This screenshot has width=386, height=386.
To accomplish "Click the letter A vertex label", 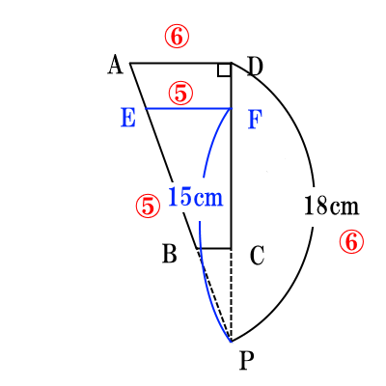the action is (x=115, y=65).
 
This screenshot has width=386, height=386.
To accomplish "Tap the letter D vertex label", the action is (x=256, y=67).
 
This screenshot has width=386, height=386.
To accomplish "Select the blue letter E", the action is (x=128, y=118).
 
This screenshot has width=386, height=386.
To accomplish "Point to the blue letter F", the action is (x=256, y=120).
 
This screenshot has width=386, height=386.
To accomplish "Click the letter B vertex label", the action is (x=170, y=254).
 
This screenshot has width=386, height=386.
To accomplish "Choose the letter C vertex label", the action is (x=257, y=256).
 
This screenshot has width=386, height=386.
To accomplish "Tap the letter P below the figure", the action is (x=247, y=361).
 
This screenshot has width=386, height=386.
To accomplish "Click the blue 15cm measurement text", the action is (x=196, y=197).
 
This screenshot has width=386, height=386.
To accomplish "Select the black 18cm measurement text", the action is (x=331, y=205).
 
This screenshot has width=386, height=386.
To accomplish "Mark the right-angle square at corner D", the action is (x=224, y=70).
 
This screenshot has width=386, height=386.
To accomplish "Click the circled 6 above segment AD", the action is (x=177, y=38).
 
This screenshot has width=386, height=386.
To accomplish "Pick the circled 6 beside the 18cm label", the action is (x=351, y=241).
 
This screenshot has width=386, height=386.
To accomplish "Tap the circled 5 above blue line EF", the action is (x=180, y=93).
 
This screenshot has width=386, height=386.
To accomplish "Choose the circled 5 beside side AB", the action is (x=148, y=206).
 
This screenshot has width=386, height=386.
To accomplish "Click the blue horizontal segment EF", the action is (x=188, y=109).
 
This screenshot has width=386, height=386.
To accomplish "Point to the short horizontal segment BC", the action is (x=214, y=248).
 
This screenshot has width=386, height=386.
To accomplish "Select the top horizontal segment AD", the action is (x=180, y=63).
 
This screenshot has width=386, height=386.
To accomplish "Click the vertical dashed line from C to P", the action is (x=231, y=295).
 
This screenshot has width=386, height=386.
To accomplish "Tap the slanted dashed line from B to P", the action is (x=214, y=295).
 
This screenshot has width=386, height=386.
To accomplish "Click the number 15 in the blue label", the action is (x=179, y=197).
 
